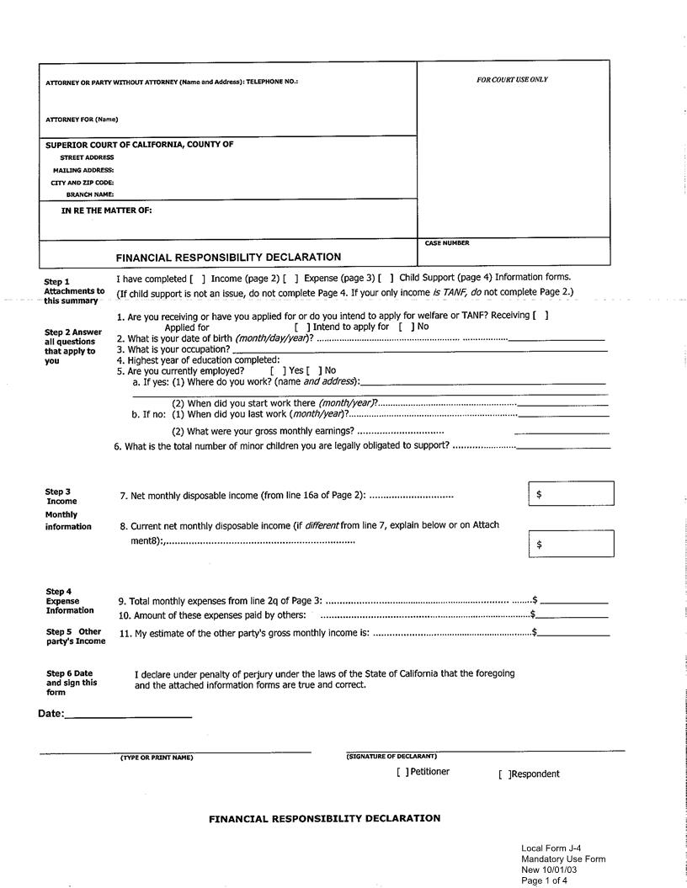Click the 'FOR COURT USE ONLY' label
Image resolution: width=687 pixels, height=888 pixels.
click(x=512, y=80)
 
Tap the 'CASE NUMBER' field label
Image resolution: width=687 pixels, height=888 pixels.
click(x=447, y=243)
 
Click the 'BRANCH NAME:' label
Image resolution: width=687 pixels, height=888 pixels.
click(x=90, y=194)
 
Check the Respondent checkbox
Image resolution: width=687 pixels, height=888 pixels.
click(x=503, y=774)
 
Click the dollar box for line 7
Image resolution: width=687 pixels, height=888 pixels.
click(x=571, y=495)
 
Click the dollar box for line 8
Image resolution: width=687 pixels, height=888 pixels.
click(x=571, y=544)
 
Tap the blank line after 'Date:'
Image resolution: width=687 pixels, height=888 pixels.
click(x=128, y=716)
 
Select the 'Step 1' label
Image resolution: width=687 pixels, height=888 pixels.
click(x=57, y=282)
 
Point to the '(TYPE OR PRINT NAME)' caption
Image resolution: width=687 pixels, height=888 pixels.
click(x=157, y=758)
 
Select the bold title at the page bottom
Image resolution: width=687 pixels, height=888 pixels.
click(x=324, y=818)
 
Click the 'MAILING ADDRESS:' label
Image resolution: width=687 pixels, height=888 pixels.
click(x=83, y=170)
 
